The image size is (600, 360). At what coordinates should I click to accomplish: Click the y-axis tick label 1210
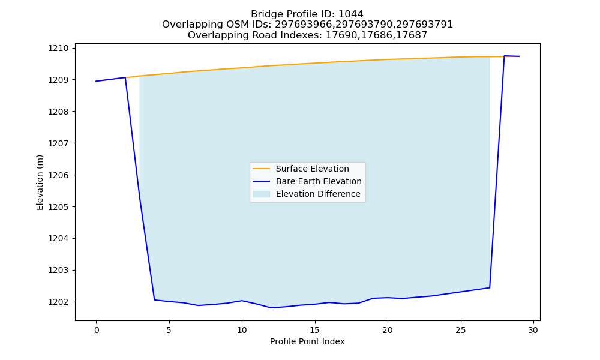[58, 48]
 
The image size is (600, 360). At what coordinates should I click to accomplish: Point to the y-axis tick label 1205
[58, 207]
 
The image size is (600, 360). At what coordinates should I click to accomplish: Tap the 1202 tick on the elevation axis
[58, 302]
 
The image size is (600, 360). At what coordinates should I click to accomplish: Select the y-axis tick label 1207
[58, 143]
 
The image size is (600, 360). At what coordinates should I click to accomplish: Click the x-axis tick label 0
[96, 330]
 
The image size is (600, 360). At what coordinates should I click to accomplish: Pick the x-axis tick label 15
[314, 330]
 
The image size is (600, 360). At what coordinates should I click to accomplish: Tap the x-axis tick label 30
[533, 330]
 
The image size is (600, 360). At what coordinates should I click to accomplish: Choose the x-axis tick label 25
[460, 330]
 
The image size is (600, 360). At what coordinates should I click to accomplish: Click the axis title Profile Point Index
[307, 341]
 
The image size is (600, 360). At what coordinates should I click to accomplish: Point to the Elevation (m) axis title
[40, 182]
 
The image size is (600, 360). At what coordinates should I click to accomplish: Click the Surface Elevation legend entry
[301, 169]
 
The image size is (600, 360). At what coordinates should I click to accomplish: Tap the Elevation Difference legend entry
[307, 194]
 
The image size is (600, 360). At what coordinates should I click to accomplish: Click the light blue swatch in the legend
[262, 194]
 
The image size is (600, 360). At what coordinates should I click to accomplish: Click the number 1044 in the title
[351, 14]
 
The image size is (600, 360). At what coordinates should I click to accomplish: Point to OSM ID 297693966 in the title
[303, 25]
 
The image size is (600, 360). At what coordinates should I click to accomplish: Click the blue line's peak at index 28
[504, 56]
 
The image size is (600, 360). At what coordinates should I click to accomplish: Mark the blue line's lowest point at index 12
[271, 308]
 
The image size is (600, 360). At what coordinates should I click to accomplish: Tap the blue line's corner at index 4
[154, 299]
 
